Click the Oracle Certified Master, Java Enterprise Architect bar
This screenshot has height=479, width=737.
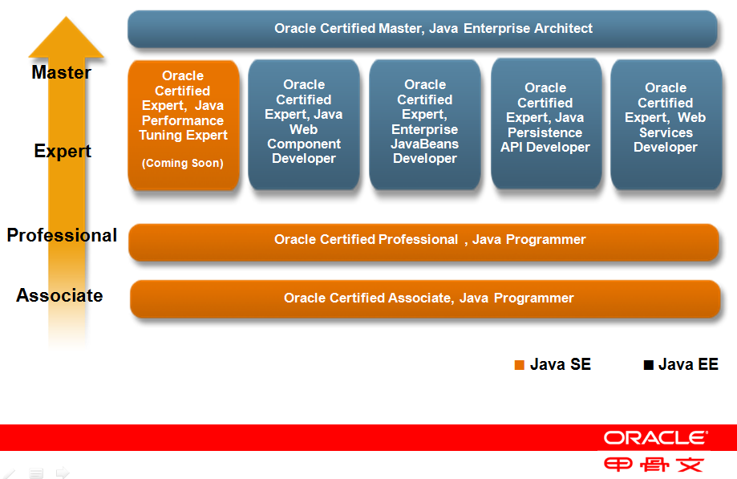point(423,29)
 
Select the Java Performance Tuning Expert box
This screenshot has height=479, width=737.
point(184,125)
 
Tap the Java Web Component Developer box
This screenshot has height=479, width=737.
point(304,124)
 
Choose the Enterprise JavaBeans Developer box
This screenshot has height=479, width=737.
point(425,124)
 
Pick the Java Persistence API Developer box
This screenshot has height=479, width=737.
point(546,124)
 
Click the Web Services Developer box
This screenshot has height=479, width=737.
point(666,124)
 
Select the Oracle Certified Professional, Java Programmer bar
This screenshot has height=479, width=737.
point(423,242)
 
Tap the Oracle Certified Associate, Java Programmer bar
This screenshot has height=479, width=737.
point(425,299)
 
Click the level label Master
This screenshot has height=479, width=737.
point(62,72)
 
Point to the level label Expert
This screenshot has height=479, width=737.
point(63,152)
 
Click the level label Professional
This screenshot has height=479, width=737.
point(62,235)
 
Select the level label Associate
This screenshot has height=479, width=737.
point(59,295)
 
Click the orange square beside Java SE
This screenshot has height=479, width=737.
point(520,365)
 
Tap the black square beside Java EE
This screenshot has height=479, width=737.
point(649,365)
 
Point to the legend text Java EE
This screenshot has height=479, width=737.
point(688,364)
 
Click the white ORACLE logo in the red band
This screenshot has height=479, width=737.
point(656,437)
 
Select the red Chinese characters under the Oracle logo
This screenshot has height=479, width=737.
point(654,465)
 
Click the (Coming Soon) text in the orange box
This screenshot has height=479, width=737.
point(183,163)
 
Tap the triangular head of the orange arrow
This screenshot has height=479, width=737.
point(67,38)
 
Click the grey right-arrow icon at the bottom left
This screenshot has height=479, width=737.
point(63,472)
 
